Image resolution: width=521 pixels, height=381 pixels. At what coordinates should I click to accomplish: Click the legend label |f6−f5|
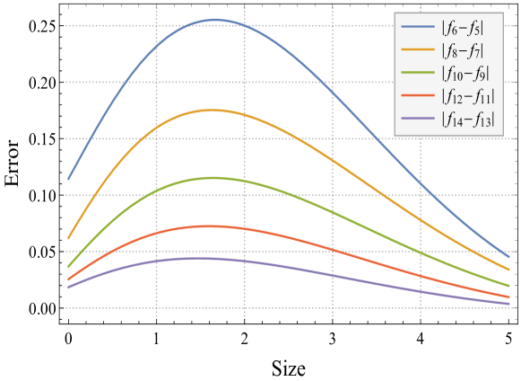[462, 27]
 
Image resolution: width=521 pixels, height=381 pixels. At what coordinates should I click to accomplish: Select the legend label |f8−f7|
[462, 50]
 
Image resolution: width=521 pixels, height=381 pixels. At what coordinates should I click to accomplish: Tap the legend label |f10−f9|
[465, 74]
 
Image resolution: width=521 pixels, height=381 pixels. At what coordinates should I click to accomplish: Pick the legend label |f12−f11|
[467, 96]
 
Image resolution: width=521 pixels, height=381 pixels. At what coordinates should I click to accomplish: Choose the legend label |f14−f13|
[467, 120]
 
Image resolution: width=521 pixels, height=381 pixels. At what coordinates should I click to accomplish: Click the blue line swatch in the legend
[418, 27]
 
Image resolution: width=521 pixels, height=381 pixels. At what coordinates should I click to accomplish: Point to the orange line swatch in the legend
[418, 50]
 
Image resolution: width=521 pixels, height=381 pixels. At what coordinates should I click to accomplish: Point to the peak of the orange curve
[213, 110]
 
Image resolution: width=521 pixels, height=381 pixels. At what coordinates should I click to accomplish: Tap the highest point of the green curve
[212, 177]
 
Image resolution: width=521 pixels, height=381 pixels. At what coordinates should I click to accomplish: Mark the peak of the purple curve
[199, 258]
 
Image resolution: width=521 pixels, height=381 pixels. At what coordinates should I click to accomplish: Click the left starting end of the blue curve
[68, 180]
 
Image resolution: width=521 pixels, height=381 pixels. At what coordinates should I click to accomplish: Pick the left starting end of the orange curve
[68, 239]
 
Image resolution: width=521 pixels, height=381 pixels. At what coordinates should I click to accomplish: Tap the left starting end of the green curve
[68, 267]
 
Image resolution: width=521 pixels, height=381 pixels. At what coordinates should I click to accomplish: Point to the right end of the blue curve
[509, 257]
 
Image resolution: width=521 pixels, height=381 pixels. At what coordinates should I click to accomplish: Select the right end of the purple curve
[509, 304]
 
